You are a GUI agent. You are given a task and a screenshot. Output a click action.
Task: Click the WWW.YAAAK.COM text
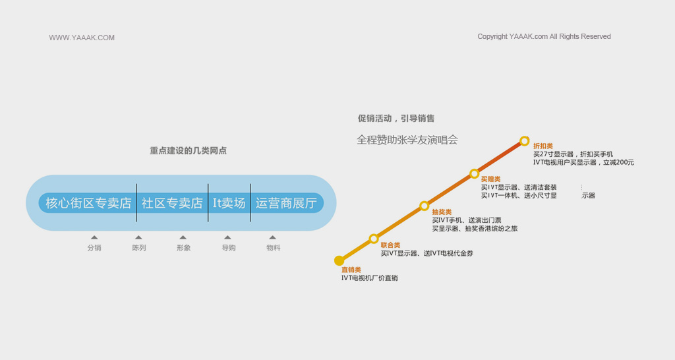pos(82,38)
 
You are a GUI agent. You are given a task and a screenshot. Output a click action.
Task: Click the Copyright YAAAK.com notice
pos(544,37)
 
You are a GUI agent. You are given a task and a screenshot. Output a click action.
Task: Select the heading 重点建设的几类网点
pos(188,151)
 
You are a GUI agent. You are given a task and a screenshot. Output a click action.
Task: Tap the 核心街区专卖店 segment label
pos(88,203)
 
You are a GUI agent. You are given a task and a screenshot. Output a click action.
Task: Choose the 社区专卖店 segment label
pos(172,203)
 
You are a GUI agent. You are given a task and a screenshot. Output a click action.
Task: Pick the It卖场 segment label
pos(229,203)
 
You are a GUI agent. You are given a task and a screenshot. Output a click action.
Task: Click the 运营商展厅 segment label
pos(286,203)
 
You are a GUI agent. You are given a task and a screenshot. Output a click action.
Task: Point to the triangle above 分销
pos(94,237)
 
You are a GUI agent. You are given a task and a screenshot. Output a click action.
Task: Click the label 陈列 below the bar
pos(139,248)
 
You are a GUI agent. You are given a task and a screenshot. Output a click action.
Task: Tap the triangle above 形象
pos(183,237)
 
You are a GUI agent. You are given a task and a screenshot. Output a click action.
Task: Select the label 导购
pos(229,248)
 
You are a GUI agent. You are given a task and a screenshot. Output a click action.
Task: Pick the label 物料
pos(274,248)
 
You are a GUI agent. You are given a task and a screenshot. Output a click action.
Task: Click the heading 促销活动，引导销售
pos(396,119)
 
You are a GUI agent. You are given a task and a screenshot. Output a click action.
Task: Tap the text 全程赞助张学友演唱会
pos(407,140)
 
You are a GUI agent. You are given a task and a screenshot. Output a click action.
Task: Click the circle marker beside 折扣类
pos(524,141)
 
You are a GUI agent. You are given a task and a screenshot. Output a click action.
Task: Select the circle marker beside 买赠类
pos(475,173)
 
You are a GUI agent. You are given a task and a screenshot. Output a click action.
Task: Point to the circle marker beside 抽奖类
pos(425,206)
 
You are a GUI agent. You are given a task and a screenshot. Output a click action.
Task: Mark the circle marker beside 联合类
pos(374,239)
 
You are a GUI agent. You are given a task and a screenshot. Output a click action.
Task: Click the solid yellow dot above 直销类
pos(339,260)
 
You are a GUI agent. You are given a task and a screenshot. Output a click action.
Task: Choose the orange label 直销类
pos(351,270)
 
